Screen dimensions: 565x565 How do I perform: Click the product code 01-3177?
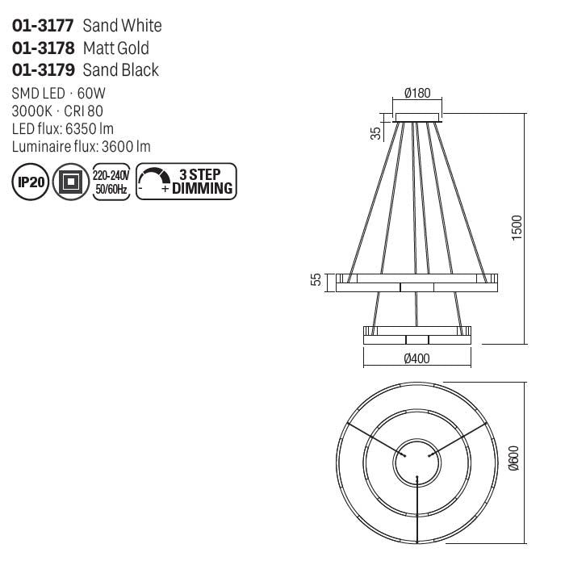(x=44, y=27)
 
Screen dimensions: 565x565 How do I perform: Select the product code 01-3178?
(x=44, y=48)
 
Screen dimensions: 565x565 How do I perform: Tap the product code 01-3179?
(x=44, y=70)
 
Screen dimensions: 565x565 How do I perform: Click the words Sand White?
(x=122, y=27)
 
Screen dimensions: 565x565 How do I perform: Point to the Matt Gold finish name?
(x=116, y=48)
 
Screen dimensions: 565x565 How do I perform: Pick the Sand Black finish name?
(x=121, y=70)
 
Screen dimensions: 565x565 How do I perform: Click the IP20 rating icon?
(x=31, y=182)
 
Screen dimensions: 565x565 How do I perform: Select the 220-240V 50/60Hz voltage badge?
(x=111, y=182)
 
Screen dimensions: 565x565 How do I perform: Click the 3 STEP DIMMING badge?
(x=186, y=182)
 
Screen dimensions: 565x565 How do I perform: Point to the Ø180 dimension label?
(x=416, y=93)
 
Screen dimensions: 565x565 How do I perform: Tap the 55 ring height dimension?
(x=317, y=279)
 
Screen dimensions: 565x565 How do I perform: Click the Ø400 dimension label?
(x=416, y=358)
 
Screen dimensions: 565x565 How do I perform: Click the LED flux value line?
(x=63, y=129)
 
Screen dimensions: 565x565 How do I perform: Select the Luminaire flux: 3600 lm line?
(x=82, y=146)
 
